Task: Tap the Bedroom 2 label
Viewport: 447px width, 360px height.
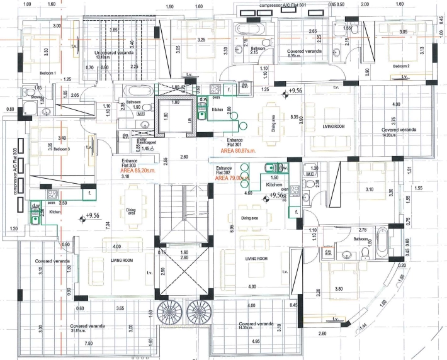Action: (402, 65)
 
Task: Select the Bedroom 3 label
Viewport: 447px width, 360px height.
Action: (60, 149)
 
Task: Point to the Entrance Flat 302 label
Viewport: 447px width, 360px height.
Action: (224, 171)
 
